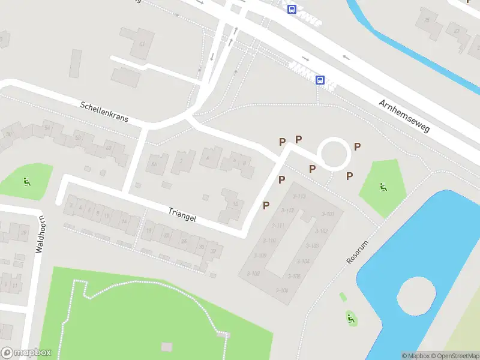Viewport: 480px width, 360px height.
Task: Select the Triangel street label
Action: tap(182, 215)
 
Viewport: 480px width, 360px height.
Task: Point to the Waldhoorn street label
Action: tap(40, 235)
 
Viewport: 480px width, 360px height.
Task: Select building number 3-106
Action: tap(281, 290)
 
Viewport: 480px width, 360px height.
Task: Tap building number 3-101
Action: tap(328, 214)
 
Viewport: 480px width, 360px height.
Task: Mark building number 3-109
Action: tap(260, 256)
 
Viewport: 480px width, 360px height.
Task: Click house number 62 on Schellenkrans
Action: tap(109, 148)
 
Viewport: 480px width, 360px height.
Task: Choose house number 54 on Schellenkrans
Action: tap(47, 128)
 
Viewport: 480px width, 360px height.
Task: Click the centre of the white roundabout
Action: tap(334, 154)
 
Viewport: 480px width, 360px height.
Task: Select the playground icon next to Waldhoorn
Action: tap(26, 182)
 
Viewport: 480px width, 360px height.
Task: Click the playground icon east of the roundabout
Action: tap(382, 187)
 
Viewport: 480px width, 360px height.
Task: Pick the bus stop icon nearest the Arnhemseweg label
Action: tap(320, 80)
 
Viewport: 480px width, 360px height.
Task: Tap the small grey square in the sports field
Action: tap(166, 347)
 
